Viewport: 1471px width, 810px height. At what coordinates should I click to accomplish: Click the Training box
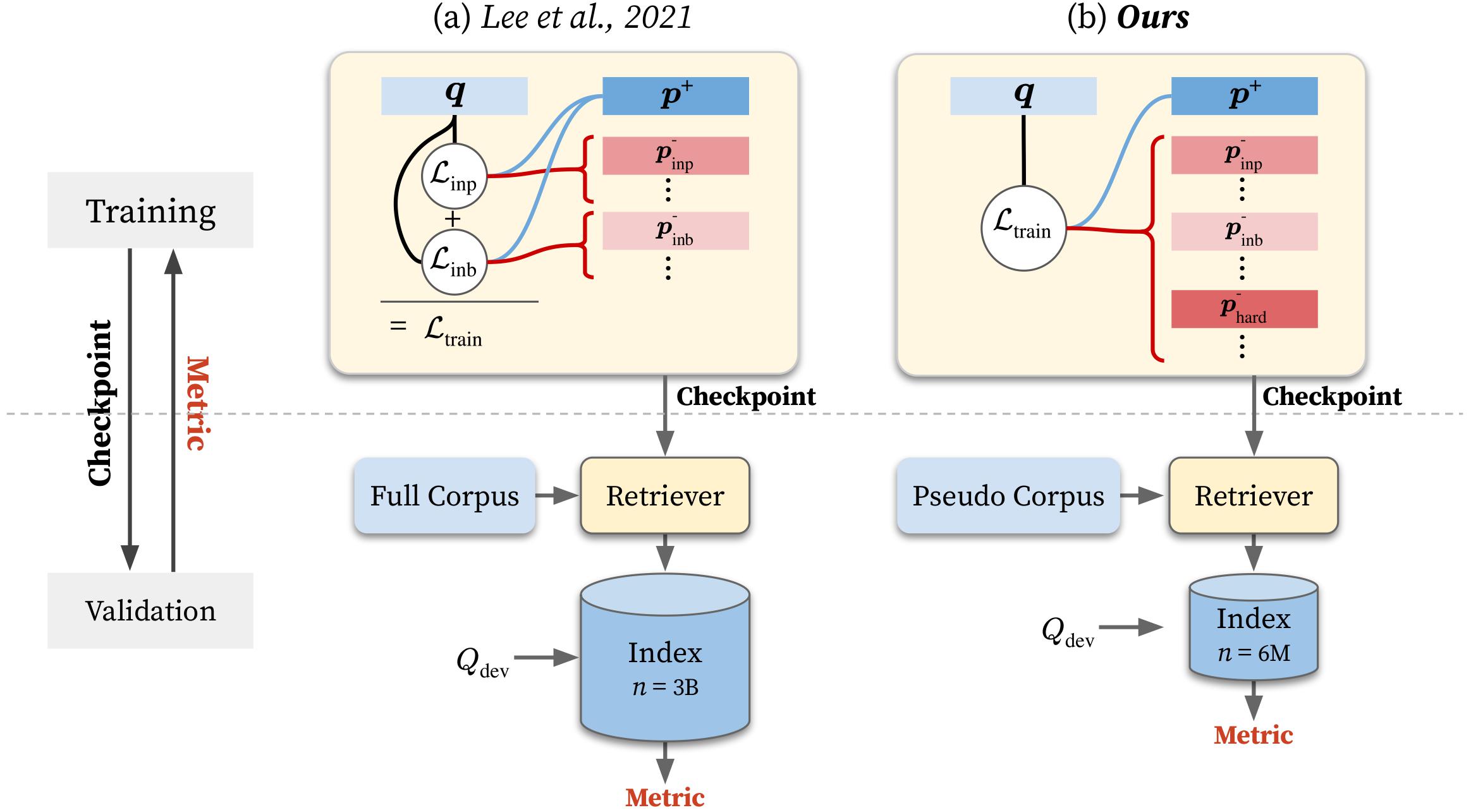pyautogui.click(x=150, y=210)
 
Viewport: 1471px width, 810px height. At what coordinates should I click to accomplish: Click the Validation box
pyautogui.click(x=150, y=610)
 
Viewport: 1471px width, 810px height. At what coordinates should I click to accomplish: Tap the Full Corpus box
pyautogui.click(x=444, y=496)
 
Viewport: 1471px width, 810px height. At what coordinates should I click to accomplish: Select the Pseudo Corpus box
pyautogui.click(x=1008, y=496)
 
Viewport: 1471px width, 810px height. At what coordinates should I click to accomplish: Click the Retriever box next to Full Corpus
pyautogui.click(x=665, y=496)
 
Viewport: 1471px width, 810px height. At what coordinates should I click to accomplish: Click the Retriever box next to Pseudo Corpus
pyautogui.click(x=1254, y=496)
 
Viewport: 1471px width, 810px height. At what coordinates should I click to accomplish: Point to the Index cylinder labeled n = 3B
pyautogui.click(x=665, y=663)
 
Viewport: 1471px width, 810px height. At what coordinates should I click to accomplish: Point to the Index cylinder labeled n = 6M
pyautogui.click(x=1254, y=632)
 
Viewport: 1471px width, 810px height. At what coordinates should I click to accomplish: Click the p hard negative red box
pyautogui.click(x=1244, y=309)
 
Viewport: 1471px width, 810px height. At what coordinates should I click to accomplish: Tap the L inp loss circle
pyautogui.click(x=454, y=176)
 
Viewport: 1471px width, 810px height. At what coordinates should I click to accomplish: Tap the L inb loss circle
pyautogui.click(x=454, y=262)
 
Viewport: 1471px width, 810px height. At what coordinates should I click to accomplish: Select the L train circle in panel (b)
pyautogui.click(x=1023, y=228)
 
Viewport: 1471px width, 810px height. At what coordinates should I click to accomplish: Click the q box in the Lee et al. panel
pyautogui.click(x=454, y=95)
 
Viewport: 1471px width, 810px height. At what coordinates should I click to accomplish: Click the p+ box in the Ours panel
pyautogui.click(x=1244, y=95)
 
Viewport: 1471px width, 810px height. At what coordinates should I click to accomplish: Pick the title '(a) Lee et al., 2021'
pyautogui.click(x=562, y=17)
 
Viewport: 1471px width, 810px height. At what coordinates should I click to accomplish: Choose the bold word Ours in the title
pyautogui.click(x=1153, y=17)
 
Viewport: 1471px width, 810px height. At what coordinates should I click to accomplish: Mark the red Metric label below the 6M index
pyautogui.click(x=1254, y=735)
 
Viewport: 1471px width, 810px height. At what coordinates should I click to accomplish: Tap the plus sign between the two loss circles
pyautogui.click(x=453, y=219)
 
